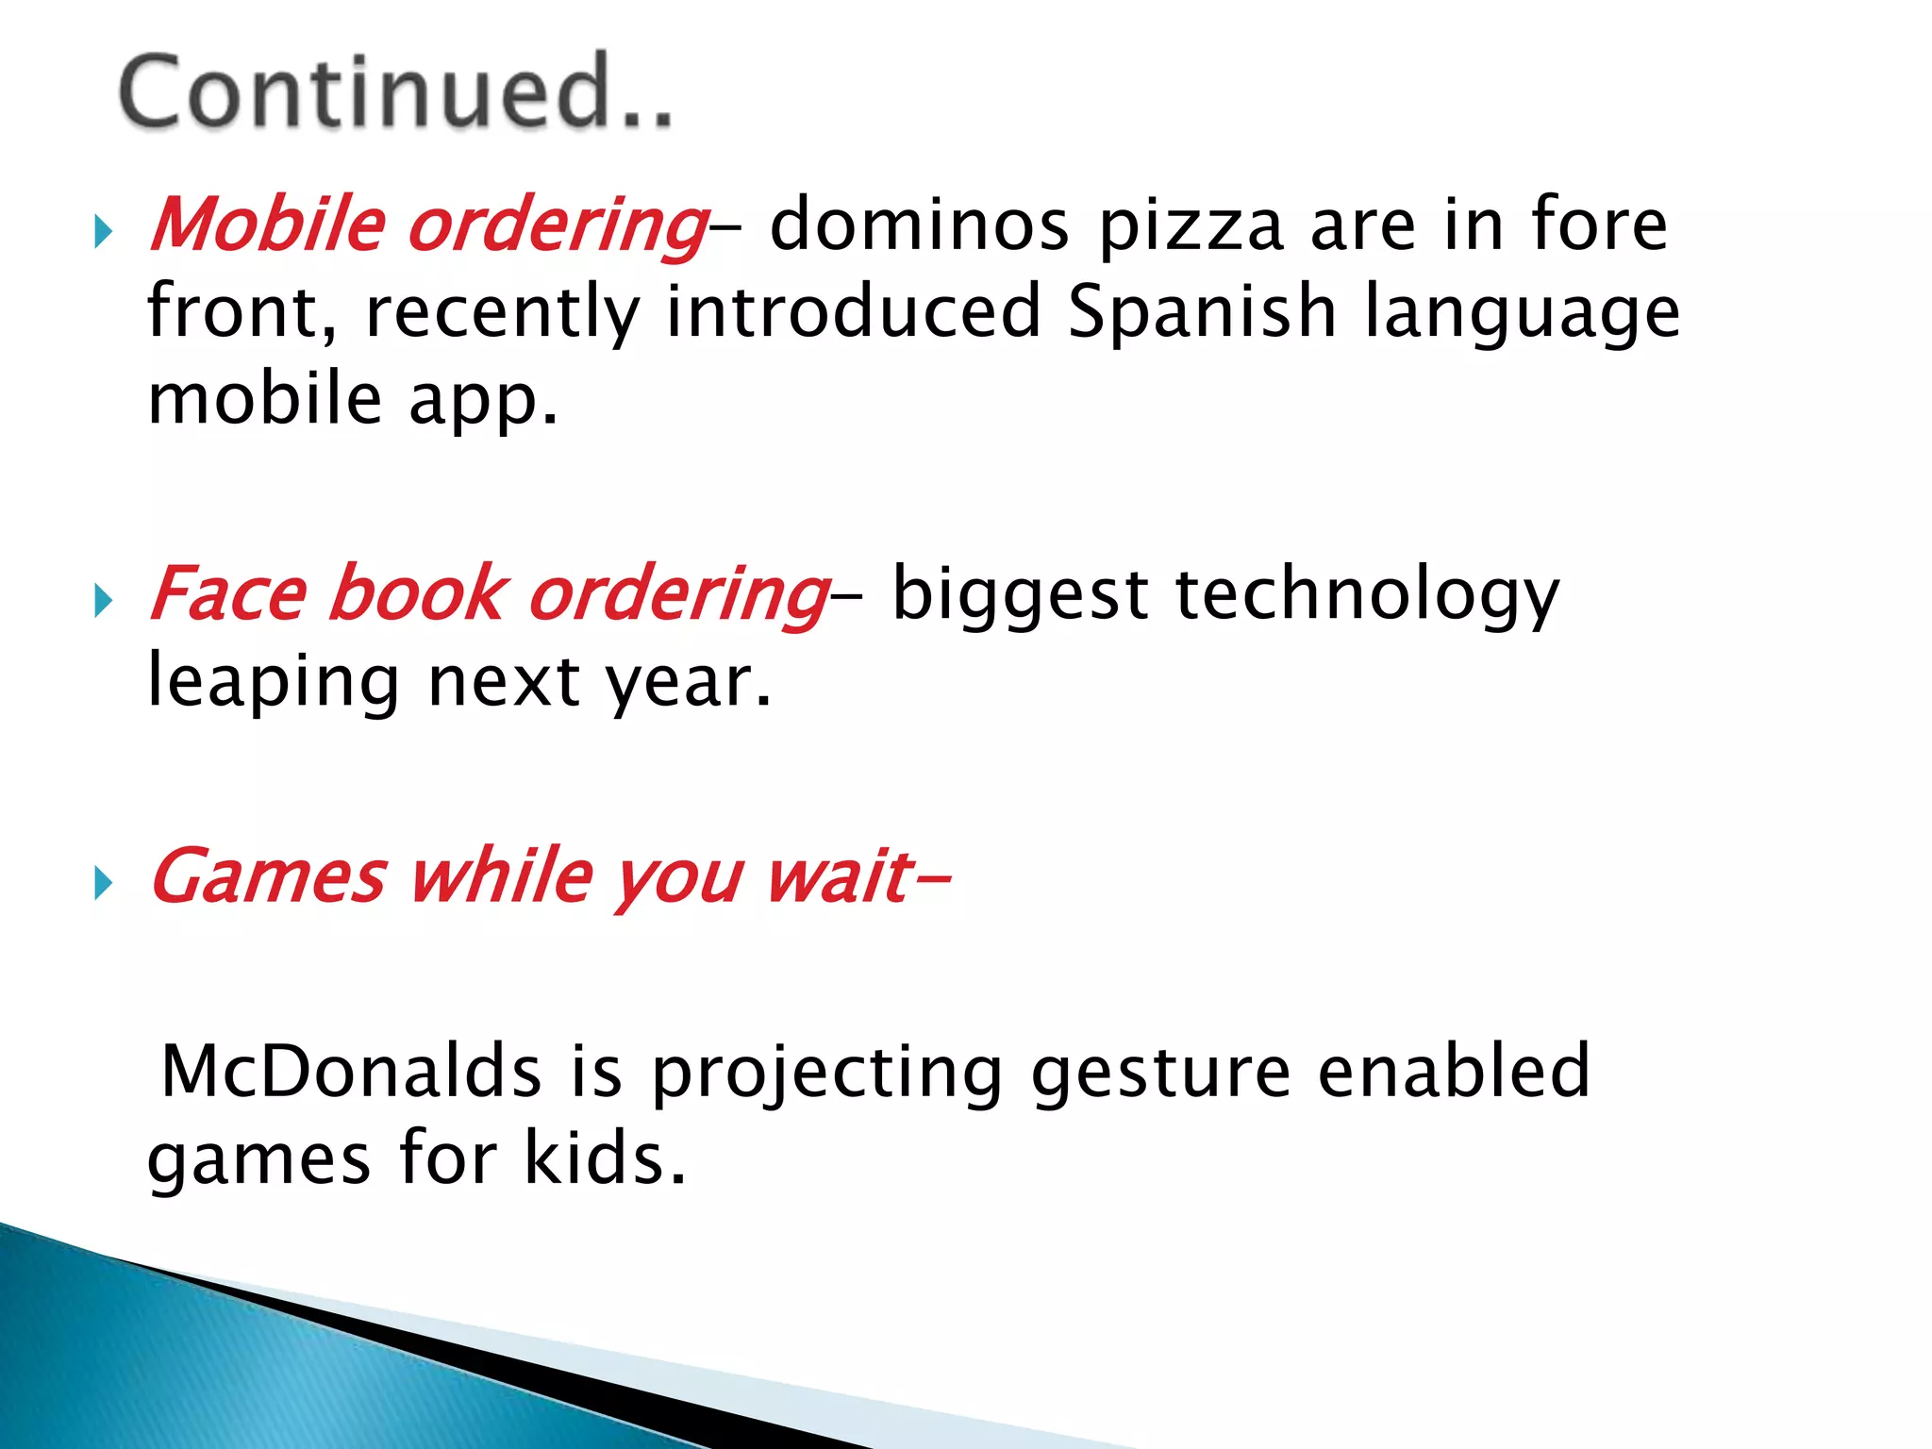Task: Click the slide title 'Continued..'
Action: point(396,92)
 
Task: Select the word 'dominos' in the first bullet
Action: point(919,225)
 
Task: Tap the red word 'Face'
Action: point(229,594)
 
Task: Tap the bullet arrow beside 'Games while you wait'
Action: point(103,884)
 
